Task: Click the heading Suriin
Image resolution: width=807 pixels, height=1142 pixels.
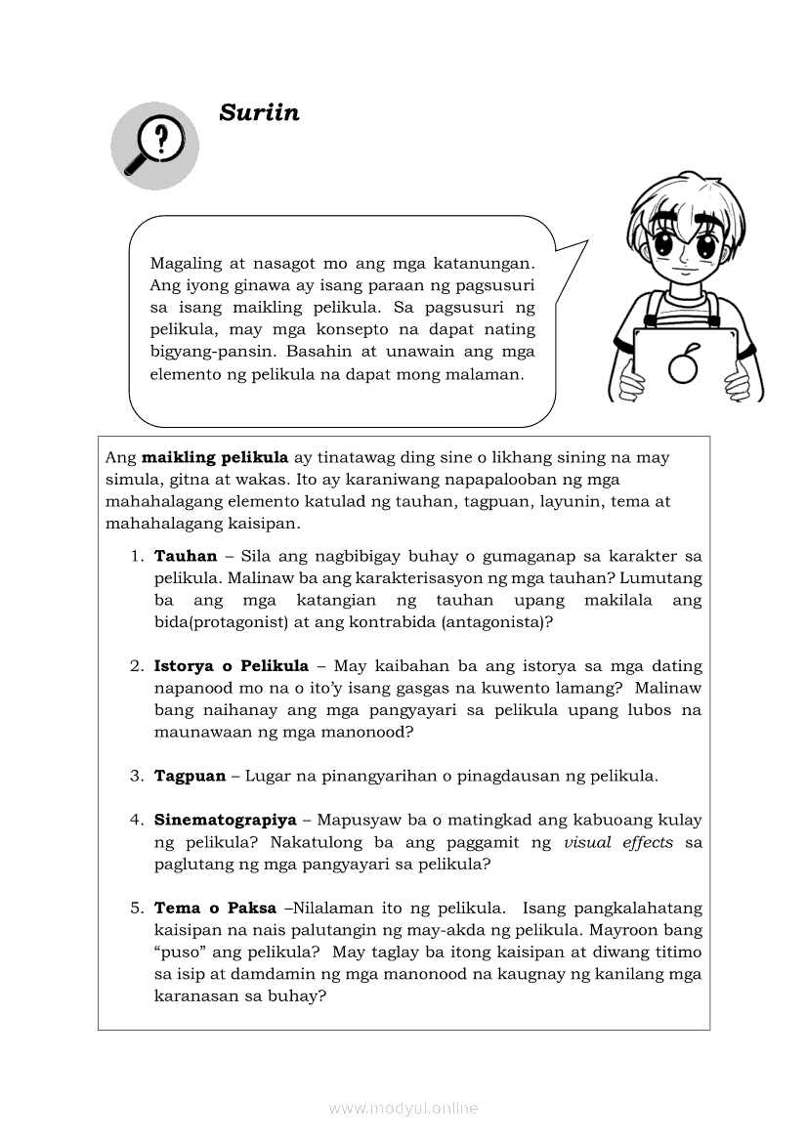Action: pyautogui.click(x=259, y=112)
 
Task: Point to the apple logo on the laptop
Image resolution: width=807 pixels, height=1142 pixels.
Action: pyautogui.click(x=682, y=364)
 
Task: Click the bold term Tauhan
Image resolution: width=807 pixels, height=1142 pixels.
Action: pyautogui.click(x=186, y=556)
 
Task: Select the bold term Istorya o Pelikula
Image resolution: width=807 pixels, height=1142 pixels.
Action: pyautogui.click(x=232, y=666)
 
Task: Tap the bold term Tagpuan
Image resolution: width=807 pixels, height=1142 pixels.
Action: pyautogui.click(x=190, y=777)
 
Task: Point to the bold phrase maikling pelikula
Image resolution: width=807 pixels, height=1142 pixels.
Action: pyautogui.click(x=215, y=457)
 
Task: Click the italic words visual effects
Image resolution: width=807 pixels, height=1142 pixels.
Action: pyautogui.click(x=618, y=842)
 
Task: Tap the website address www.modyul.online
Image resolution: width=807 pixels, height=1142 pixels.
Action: pyautogui.click(x=403, y=1108)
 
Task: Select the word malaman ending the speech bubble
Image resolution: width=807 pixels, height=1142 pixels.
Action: pyautogui.click(x=484, y=374)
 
